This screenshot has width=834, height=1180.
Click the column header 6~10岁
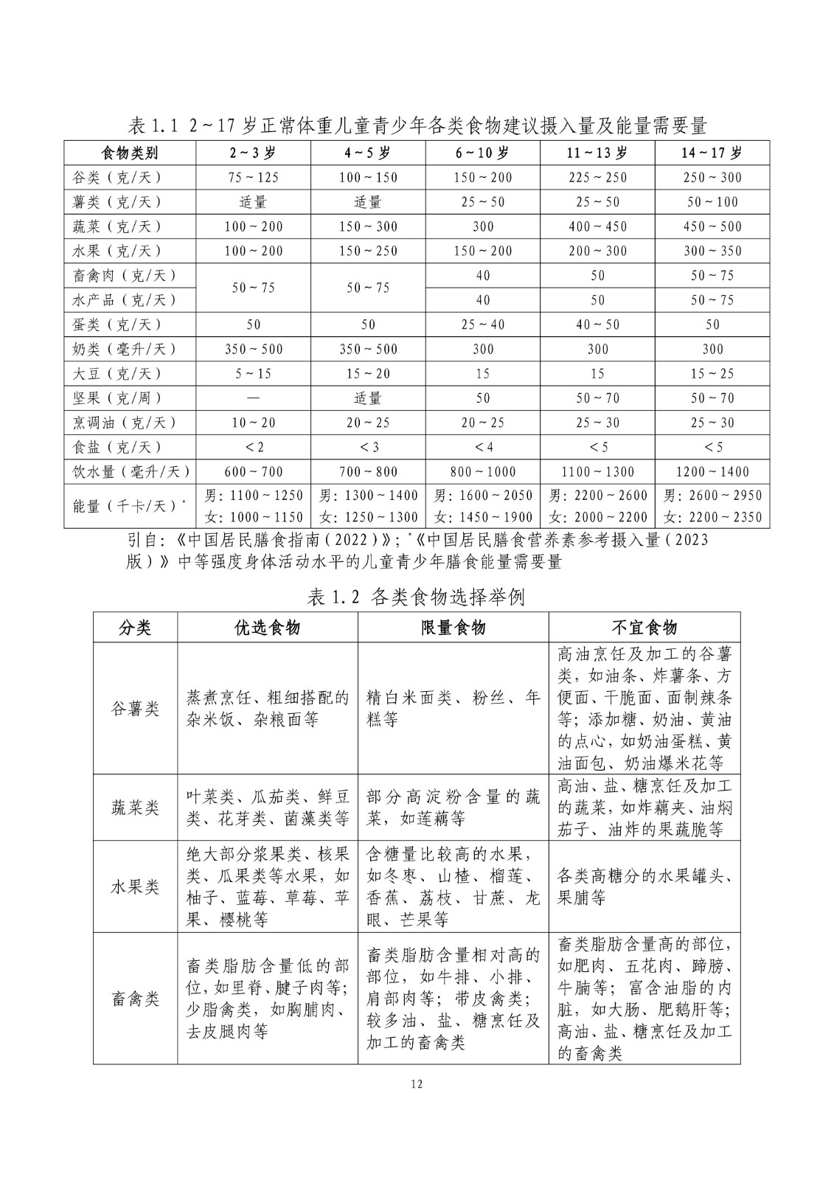[482, 153]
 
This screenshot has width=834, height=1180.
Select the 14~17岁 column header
[712, 153]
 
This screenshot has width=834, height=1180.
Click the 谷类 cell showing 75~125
[253, 178]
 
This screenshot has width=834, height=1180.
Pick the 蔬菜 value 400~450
[597, 226]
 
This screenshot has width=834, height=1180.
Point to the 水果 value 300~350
[712, 251]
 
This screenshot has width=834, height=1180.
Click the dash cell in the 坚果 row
[253, 398]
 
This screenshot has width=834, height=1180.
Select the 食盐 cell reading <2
[253, 447]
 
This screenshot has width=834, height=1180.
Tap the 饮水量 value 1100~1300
[597, 471]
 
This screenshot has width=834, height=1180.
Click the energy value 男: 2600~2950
[712, 495]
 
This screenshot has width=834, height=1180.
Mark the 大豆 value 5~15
[253, 374]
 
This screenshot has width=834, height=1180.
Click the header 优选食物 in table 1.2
[267, 628]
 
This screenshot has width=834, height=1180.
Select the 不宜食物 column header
[644, 628]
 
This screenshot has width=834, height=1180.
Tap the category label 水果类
[135, 886]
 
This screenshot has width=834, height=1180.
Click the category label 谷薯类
[135, 709]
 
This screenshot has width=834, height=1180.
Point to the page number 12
[417, 1083]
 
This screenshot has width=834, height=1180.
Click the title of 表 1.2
[416, 597]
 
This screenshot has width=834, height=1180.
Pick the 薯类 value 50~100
[712, 202]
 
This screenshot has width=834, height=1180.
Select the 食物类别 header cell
[129, 153]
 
